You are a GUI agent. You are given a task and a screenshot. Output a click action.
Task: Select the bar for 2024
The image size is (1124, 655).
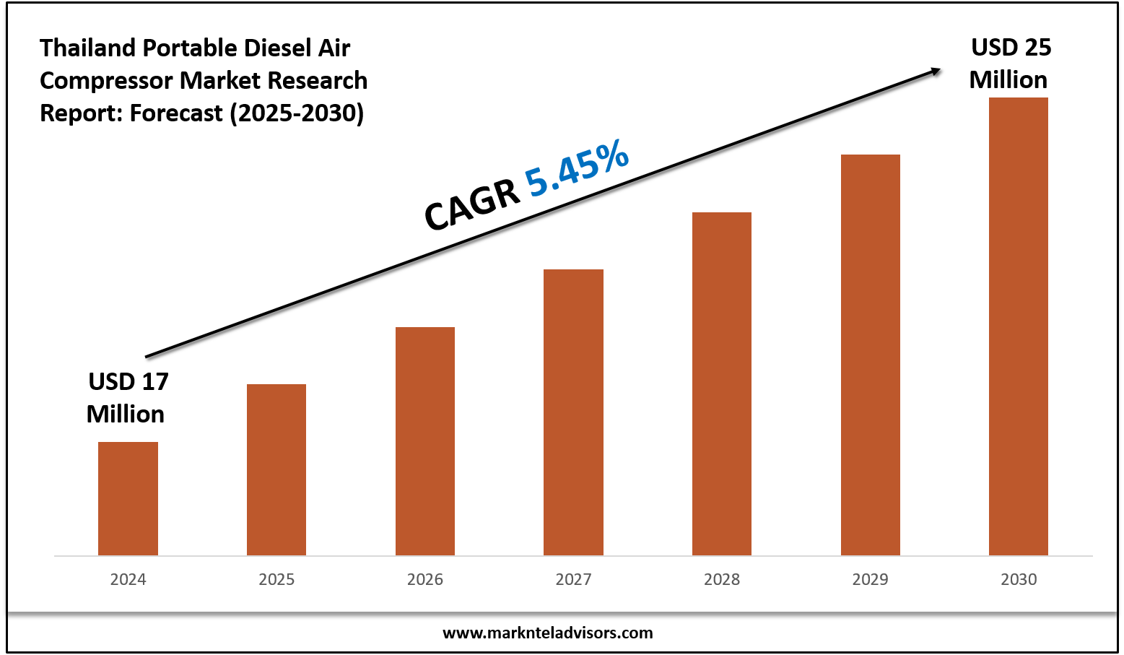pos(128,498)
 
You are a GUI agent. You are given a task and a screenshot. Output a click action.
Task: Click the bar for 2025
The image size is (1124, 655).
pos(276,469)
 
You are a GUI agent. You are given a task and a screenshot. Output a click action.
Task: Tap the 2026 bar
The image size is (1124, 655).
pos(425,441)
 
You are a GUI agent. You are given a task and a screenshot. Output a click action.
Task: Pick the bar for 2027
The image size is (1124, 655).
pos(573,412)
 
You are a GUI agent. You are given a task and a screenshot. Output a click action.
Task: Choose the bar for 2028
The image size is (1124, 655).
pos(722,383)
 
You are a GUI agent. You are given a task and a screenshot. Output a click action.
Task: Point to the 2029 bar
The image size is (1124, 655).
pos(871,355)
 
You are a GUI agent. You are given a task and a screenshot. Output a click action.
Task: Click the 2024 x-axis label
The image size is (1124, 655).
pos(128,579)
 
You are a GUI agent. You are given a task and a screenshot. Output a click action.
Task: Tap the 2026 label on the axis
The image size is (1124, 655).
pos(425,579)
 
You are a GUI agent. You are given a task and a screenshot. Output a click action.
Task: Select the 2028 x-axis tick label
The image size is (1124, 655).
pos(722,579)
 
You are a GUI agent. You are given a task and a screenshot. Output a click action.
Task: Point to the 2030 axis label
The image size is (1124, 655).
pos(1019,579)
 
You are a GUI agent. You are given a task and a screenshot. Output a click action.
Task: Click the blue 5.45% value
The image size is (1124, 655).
pos(577,168)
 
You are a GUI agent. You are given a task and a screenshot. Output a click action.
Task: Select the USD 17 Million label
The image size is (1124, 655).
pos(127,397)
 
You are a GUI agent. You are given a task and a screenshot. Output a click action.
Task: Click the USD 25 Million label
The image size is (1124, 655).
pos(1009,64)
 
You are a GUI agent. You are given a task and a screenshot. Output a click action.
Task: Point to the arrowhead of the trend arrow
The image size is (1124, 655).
pos(936,71)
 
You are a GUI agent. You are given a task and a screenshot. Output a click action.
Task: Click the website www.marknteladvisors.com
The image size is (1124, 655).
pos(547,633)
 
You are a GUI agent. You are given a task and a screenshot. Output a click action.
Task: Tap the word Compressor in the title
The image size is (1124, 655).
pos(107,80)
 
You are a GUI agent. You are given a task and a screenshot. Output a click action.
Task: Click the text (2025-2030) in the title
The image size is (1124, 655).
pos(297,113)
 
